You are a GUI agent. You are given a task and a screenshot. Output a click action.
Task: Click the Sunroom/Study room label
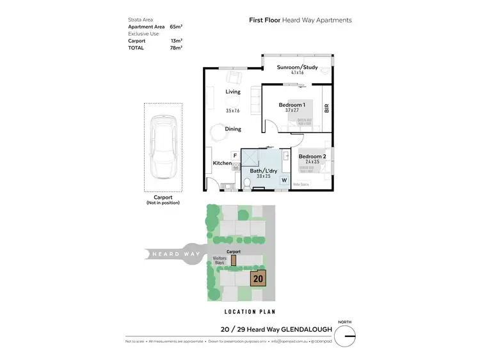[x=299, y=67]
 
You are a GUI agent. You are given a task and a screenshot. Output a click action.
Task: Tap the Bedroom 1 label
[x=292, y=105]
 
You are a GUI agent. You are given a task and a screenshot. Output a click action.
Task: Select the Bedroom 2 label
[x=312, y=157]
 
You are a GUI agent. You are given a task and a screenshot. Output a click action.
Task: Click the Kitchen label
[x=222, y=164]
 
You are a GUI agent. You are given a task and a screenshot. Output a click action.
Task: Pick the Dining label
[x=233, y=129]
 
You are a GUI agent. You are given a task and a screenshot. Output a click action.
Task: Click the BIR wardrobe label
[x=326, y=109]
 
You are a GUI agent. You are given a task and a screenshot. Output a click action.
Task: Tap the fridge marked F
[x=235, y=155]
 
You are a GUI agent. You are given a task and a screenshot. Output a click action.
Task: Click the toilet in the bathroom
[x=248, y=184]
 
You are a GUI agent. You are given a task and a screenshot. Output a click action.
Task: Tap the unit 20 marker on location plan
[x=259, y=279]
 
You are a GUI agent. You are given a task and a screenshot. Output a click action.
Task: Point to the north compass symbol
[x=347, y=334]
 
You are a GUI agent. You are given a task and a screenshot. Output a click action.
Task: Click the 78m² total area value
[x=176, y=48]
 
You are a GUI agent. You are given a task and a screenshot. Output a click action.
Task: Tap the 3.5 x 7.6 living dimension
[x=232, y=111]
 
